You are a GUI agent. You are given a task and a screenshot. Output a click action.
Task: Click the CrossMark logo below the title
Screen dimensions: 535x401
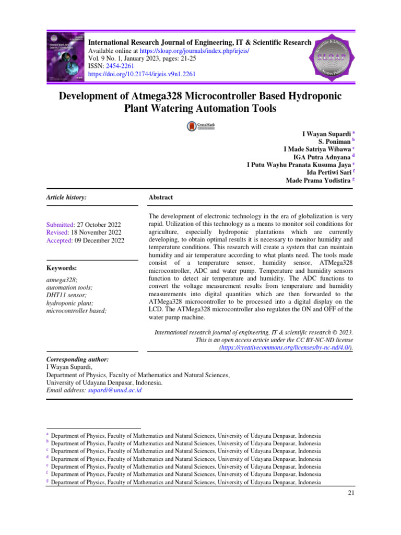click(201, 126)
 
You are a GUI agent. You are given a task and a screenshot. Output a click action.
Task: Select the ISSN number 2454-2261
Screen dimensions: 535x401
click(121, 66)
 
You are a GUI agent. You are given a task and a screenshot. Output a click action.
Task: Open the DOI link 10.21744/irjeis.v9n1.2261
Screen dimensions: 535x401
click(141, 74)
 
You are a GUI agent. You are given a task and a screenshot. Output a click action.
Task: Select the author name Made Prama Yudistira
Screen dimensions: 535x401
click(318, 181)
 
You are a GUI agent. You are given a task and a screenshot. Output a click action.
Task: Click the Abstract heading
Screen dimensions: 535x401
click(161, 197)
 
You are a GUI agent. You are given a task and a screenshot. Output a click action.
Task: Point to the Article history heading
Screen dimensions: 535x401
click(66, 197)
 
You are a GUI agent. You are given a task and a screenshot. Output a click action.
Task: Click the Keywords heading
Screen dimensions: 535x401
click(62, 267)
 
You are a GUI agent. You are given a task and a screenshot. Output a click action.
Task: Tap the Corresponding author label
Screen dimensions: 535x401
click(78, 360)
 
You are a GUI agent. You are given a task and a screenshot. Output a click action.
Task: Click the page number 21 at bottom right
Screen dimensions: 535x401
click(350, 493)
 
